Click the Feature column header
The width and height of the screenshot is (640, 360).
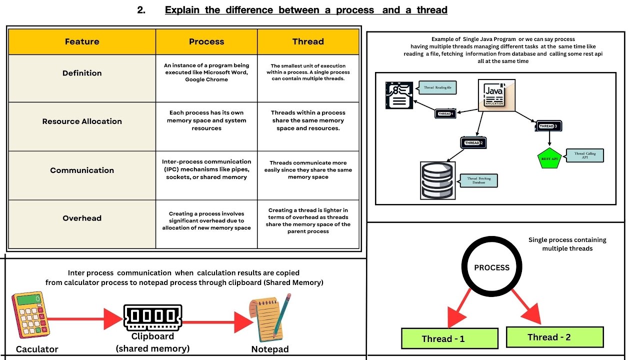tap(82, 41)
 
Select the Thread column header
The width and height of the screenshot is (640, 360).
tap(308, 41)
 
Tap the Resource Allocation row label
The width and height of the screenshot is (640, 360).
tap(82, 121)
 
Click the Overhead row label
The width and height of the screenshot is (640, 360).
tap(82, 218)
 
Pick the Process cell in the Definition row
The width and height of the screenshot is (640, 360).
tap(206, 72)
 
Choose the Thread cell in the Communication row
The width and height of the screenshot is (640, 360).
tap(308, 170)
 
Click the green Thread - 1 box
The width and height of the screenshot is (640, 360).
tap(449, 338)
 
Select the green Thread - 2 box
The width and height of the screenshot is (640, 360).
tap(555, 337)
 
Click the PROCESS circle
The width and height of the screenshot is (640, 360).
tap(491, 267)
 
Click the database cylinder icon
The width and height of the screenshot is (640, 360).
tap(436, 180)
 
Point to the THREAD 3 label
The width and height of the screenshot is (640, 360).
tap(548, 126)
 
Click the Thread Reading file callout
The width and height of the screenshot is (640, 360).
tap(437, 88)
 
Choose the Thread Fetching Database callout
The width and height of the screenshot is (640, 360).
tap(478, 180)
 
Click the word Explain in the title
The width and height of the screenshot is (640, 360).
tap(182, 10)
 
